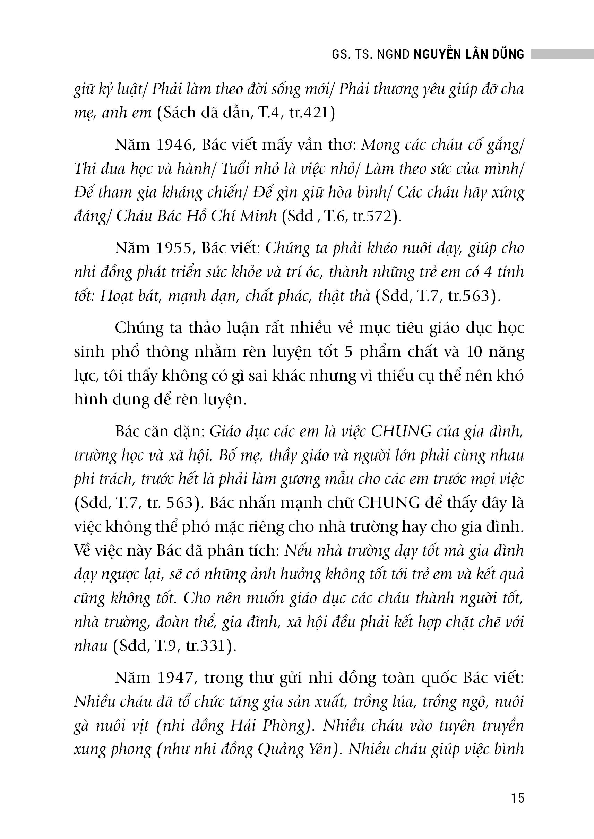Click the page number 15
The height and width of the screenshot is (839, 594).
coord(518,798)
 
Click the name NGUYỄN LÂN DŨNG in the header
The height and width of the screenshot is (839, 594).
coord(469,54)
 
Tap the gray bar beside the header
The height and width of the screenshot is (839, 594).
coord(562,54)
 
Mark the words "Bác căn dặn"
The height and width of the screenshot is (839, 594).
coord(159,432)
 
